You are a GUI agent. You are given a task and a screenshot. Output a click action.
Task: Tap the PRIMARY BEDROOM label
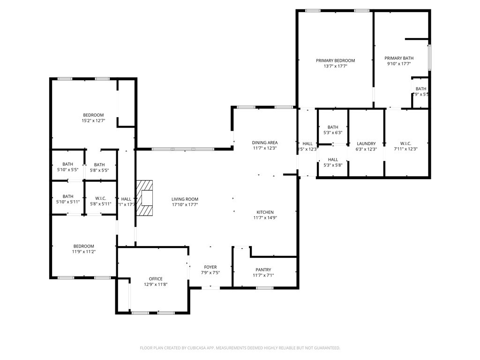(335, 60)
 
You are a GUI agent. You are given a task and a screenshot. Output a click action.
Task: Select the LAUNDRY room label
(366, 143)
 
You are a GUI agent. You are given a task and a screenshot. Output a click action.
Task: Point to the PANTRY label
(263, 270)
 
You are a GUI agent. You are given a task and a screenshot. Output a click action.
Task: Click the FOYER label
(210, 267)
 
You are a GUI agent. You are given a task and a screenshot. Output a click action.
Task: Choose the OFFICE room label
(156, 279)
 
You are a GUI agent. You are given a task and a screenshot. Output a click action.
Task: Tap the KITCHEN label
(265, 212)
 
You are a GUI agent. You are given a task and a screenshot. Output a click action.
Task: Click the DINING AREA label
(265, 142)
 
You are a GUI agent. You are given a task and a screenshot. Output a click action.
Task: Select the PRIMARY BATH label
(398, 58)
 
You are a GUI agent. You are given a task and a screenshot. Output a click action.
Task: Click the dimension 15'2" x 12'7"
(93, 120)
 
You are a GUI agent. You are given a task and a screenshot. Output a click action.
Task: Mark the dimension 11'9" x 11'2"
(83, 252)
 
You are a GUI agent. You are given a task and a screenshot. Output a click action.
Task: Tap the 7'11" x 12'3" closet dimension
(406, 149)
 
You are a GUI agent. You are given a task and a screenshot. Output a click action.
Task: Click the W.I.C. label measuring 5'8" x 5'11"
(100, 197)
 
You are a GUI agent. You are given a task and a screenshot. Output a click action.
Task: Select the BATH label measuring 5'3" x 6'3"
(333, 127)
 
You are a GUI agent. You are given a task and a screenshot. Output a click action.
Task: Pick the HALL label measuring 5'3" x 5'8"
(333, 160)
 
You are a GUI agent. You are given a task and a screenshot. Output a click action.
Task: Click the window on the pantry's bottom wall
(265, 288)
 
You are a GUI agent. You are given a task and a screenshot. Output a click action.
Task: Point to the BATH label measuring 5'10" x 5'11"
(68, 196)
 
